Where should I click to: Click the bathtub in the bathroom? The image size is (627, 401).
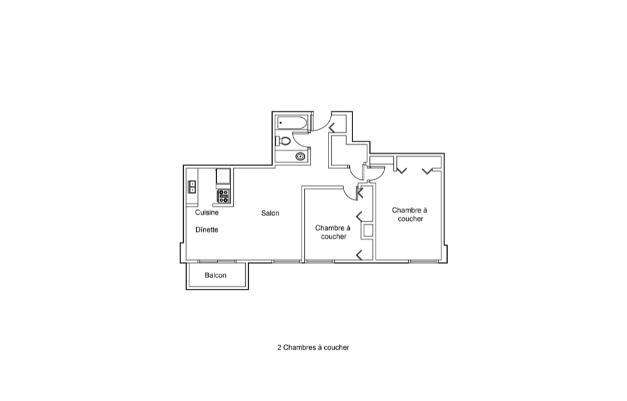coord(292,123)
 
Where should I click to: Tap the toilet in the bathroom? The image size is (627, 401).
coord(283,140)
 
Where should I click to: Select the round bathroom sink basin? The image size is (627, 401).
coord(300,157)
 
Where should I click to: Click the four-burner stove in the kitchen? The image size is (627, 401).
coord(224,196)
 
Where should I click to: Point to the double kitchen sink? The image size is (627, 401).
coord(192,187)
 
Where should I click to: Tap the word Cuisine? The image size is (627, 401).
coord(207,212)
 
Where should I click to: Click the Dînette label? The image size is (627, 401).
coord(207,230)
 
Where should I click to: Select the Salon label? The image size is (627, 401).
coord(270,213)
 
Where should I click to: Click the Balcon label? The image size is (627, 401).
coord(216,275)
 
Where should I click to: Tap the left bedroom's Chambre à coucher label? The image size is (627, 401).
coord(333,232)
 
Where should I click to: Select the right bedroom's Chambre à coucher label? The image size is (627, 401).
coord(410,214)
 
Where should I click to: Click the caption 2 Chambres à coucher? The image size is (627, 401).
coord(313,348)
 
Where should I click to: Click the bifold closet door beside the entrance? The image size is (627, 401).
coord(332,128)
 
